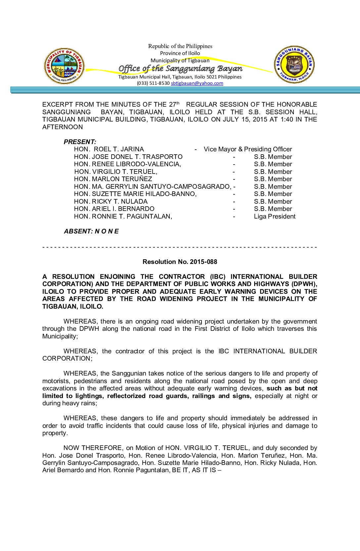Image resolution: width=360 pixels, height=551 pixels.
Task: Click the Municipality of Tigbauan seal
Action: click(x=64, y=66)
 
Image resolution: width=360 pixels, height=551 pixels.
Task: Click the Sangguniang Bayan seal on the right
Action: click(x=294, y=65)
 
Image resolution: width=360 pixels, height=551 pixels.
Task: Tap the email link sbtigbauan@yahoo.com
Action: click(x=197, y=83)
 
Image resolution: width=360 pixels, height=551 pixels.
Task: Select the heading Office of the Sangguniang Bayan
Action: click(x=180, y=69)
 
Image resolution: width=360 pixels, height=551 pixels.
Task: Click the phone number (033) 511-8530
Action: click(x=153, y=83)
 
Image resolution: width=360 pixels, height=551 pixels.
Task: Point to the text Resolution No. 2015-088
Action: click(x=180, y=262)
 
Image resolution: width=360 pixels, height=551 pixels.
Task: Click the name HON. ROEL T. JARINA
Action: click(x=109, y=149)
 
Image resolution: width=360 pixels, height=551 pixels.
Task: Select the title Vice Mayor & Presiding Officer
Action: click(x=248, y=149)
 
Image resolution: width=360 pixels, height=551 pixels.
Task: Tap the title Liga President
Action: click(x=275, y=217)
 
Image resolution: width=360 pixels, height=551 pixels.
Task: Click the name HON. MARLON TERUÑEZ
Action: click(x=113, y=179)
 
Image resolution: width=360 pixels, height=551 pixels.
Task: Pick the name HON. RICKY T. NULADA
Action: click(x=111, y=202)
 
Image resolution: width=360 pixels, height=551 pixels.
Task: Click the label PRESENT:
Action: click(x=80, y=142)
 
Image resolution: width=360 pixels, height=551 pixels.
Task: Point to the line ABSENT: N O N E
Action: click(x=91, y=231)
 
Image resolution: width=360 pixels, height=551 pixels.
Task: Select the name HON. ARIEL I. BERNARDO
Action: click(x=114, y=209)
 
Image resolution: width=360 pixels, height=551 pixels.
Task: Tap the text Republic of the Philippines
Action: click(x=180, y=46)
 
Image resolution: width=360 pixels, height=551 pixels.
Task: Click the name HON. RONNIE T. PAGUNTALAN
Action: click(x=123, y=217)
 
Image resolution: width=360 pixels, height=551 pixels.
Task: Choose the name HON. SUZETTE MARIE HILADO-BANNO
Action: click(x=135, y=194)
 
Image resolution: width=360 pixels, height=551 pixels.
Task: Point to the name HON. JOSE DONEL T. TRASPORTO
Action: click(x=128, y=157)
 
